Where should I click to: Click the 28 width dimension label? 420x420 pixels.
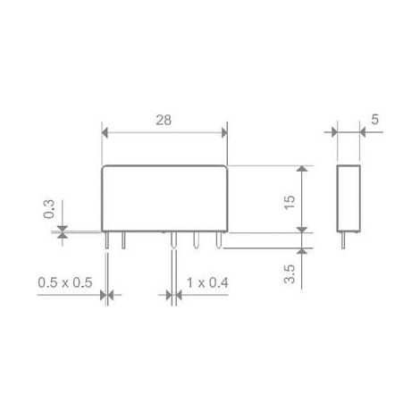[164, 120]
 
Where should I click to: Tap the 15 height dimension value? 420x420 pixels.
[290, 202]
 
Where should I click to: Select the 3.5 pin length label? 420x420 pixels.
[290, 273]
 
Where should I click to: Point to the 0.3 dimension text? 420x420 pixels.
[49, 209]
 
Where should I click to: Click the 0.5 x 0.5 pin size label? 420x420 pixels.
[65, 282]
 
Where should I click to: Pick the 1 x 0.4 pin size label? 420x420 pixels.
[207, 282]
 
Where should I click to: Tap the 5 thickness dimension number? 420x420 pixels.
[374, 119]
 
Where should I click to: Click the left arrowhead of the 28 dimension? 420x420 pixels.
[105, 132]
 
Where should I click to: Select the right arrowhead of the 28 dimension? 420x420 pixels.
[224, 132]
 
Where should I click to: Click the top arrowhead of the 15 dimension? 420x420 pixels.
[302, 168]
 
